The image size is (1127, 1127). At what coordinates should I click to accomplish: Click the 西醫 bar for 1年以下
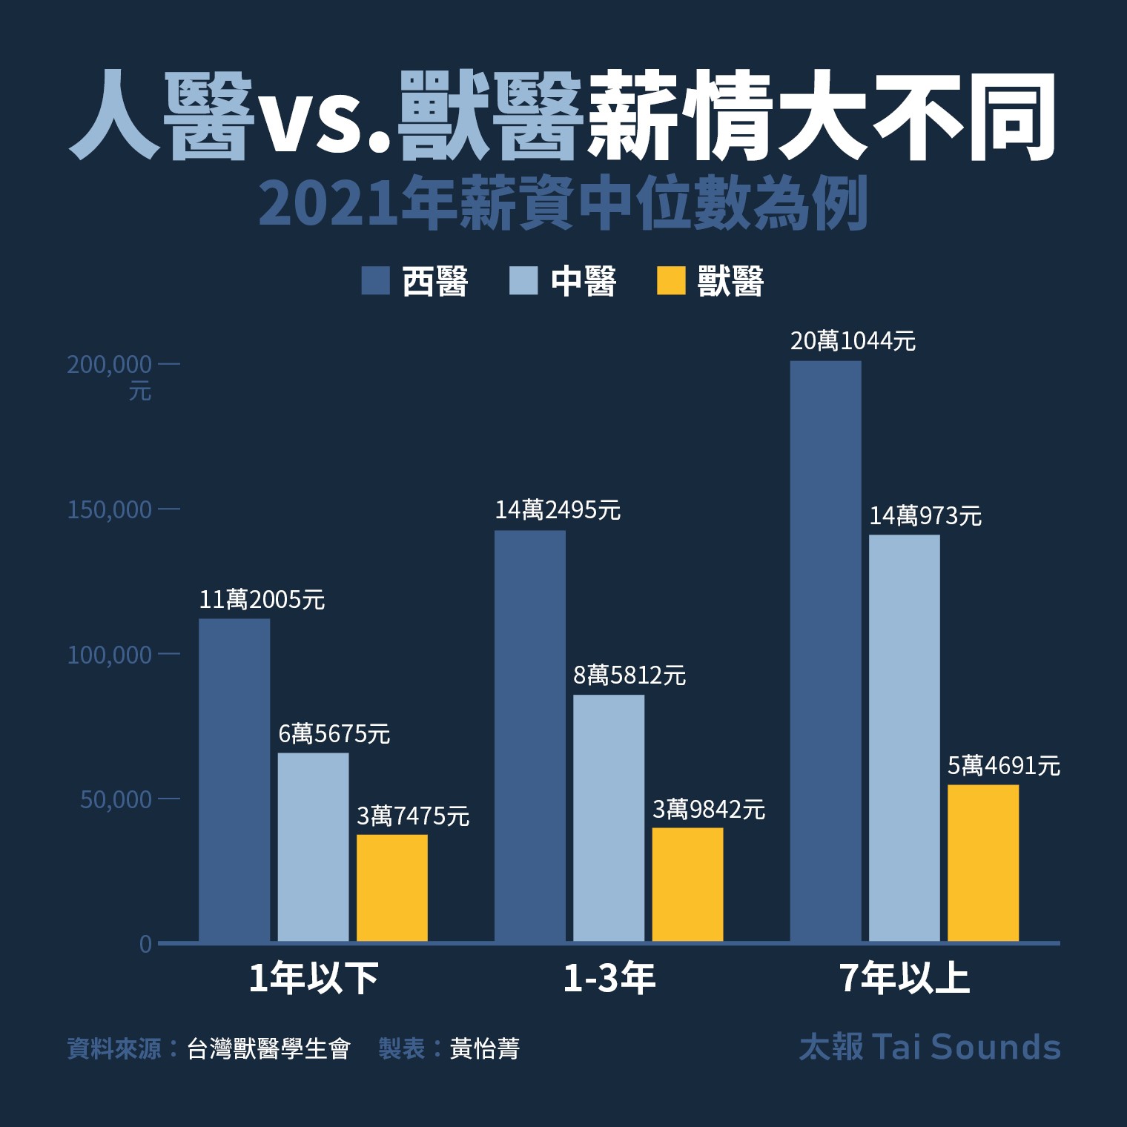click(x=234, y=780)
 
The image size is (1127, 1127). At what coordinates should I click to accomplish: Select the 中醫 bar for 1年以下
click(x=313, y=847)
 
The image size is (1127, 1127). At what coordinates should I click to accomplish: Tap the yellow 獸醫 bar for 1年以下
click(x=392, y=888)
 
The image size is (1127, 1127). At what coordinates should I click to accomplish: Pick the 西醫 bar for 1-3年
click(x=529, y=736)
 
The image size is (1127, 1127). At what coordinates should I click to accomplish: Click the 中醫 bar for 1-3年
click(x=609, y=818)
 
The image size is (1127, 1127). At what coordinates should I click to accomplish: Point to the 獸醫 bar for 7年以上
click(x=983, y=863)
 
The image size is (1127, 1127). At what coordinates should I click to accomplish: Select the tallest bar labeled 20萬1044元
click(x=825, y=651)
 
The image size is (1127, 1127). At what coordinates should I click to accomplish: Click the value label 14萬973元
click(x=925, y=515)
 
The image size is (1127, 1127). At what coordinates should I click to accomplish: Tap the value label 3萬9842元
click(x=708, y=809)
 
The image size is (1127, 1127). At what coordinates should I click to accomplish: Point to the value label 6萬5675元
click(x=334, y=734)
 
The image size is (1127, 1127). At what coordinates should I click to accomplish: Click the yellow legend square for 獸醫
click(x=671, y=281)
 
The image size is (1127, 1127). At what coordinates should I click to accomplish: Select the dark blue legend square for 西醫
click(x=375, y=281)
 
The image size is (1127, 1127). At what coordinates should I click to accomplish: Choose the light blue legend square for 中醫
click(x=523, y=281)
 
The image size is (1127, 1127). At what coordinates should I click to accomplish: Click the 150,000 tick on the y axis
click(x=109, y=510)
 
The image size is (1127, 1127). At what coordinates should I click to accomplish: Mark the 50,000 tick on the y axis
click(x=116, y=799)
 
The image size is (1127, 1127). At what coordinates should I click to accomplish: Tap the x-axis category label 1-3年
click(x=609, y=979)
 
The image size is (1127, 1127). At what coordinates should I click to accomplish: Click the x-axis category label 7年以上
click(x=905, y=979)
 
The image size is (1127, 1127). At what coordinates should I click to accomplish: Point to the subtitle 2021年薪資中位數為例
click(x=563, y=205)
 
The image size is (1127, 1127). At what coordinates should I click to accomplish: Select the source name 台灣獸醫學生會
click(x=268, y=1048)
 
